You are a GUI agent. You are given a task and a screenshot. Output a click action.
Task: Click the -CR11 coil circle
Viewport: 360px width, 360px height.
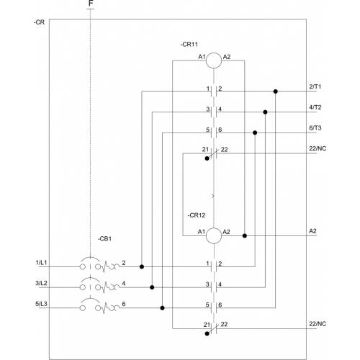pos(214,53)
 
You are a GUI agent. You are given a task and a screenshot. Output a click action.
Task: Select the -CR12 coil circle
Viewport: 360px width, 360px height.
pos(214,228)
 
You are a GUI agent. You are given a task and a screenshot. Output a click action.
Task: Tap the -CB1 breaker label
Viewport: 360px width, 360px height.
pos(104,239)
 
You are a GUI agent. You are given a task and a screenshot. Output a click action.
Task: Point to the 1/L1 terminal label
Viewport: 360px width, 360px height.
pos(41,263)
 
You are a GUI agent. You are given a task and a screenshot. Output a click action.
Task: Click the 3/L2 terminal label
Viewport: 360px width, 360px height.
pos(41,283)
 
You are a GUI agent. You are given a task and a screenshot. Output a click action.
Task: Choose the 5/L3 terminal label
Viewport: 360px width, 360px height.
pos(41,304)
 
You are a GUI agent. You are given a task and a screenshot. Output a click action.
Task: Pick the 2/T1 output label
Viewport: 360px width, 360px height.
pos(315,86)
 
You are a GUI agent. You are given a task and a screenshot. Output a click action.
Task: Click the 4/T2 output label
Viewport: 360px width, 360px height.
pos(315,107)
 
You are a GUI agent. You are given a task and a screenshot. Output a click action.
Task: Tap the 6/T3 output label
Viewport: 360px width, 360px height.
pos(315,128)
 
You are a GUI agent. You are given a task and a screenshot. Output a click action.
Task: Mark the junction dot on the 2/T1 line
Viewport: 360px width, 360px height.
pos(276,91)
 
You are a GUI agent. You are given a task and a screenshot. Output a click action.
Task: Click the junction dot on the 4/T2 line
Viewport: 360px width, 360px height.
pos(265,112)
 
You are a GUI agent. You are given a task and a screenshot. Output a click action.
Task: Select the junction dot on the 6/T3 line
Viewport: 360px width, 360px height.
pos(255,132)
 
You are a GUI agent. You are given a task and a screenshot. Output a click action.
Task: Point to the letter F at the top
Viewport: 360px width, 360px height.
pos(91,4)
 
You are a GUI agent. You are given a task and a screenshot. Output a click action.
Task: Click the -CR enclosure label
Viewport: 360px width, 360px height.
pos(39,22)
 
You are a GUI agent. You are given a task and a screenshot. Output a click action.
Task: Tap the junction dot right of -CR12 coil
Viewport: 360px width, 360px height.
pos(245,235)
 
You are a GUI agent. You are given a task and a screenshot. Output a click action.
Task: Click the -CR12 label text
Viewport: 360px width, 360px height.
pos(197,215)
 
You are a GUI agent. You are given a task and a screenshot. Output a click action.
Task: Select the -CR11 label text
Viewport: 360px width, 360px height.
pos(189,45)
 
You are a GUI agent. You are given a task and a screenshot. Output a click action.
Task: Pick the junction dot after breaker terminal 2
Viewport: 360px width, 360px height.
pos(142,266)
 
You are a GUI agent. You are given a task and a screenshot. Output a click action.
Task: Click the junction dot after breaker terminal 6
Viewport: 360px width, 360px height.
pos(162,308)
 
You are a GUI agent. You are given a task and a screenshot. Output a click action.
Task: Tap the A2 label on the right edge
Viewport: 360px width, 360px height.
pos(312,231)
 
